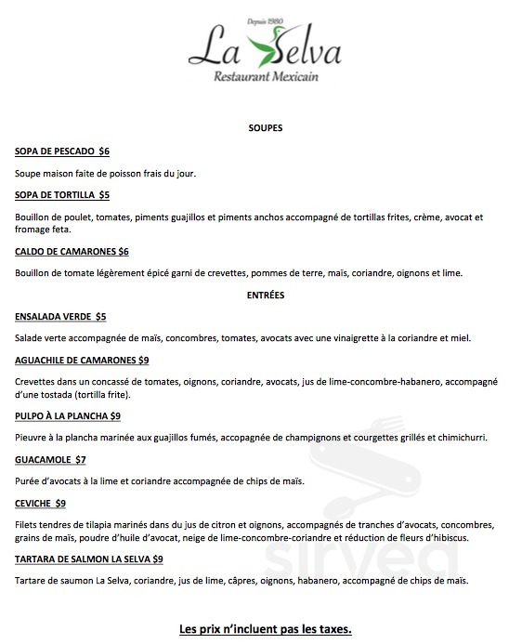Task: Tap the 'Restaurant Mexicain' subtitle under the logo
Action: pyautogui.click(x=265, y=77)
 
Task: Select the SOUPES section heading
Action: pyautogui.click(x=266, y=127)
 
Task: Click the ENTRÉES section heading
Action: pyautogui.click(x=266, y=295)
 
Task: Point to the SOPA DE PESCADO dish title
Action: pyautogui.click(x=56, y=151)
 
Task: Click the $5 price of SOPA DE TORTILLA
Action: pyautogui.click(x=104, y=194)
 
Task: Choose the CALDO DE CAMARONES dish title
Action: pyautogui.click(x=66, y=251)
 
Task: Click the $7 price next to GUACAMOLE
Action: pyautogui.click(x=81, y=459)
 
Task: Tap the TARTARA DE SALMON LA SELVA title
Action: pyautogui.click(x=83, y=559)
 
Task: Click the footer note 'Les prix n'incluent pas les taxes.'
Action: pyautogui.click(x=265, y=629)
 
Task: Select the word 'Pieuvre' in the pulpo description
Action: pyautogui.click(x=32, y=438)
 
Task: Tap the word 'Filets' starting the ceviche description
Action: pyautogui.click(x=28, y=525)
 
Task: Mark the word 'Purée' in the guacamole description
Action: pyautogui.click(x=29, y=481)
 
